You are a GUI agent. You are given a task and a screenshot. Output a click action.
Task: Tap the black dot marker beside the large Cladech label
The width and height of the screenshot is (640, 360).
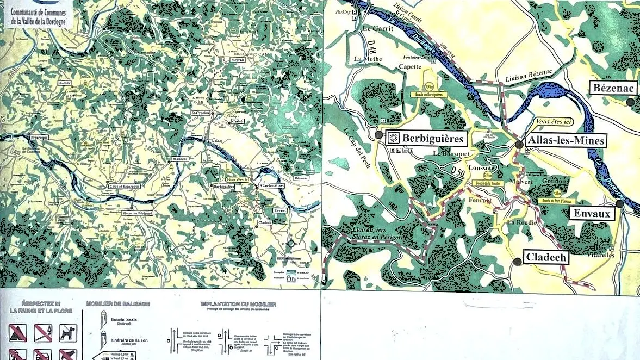pyautogui.click(x=518, y=262)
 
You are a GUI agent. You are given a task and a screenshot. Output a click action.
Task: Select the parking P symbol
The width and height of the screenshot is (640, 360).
pyautogui.click(x=355, y=13)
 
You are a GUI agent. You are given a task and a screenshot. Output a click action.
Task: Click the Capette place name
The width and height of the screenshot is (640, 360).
pyautogui.click(x=411, y=67)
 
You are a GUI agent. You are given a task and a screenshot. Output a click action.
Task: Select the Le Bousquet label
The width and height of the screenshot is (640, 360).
pyautogui.click(x=451, y=154)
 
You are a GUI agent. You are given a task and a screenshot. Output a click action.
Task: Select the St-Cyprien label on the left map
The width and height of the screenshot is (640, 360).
pyautogui.click(x=201, y=113)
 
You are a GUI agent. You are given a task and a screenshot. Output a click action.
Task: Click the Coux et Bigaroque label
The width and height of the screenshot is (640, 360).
pyautogui.click(x=123, y=186)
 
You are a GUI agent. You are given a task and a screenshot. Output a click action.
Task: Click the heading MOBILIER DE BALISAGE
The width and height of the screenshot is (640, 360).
pyautogui.click(x=118, y=303)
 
